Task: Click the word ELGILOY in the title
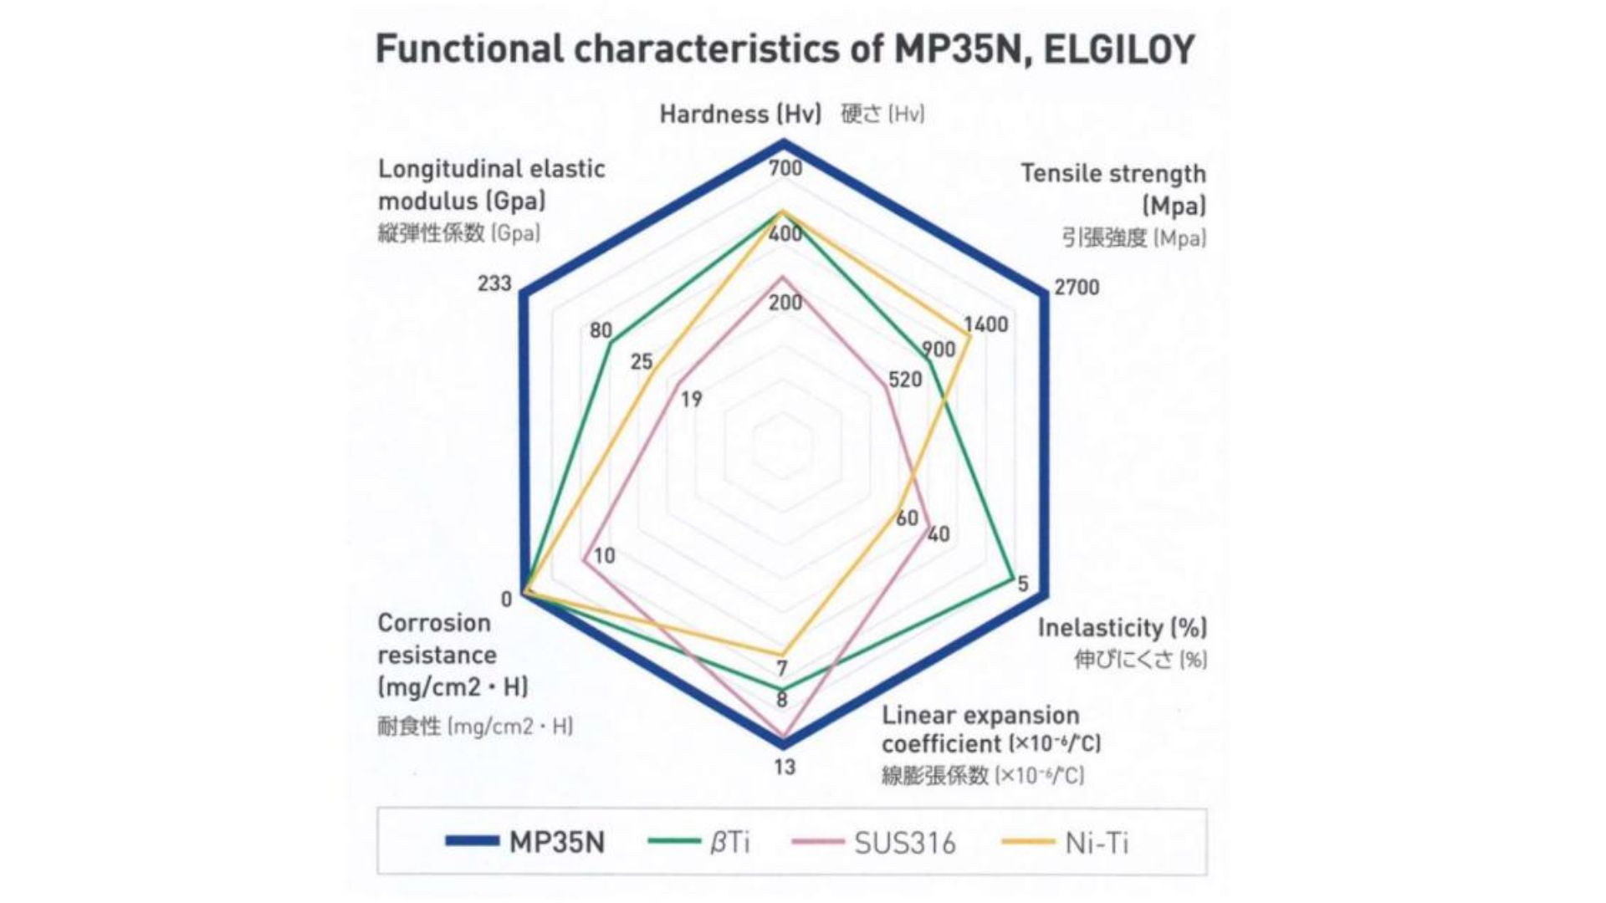click(x=1119, y=49)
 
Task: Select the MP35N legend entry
click(x=556, y=841)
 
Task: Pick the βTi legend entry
click(x=729, y=842)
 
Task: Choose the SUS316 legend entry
click(x=904, y=843)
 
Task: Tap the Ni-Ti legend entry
click(x=1096, y=843)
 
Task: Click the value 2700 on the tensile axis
click(x=1077, y=288)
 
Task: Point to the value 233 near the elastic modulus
click(x=494, y=283)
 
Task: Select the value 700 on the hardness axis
click(x=785, y=168)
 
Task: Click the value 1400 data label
click(x=985, y=324)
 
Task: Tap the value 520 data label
click(x=905, y=380)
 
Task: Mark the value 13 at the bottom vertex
click(x=785, y=767)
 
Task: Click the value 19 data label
click(x=691, y=400)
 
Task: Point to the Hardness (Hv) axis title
click(x=740, y=114)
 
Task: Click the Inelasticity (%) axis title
click(x=1122, y=628)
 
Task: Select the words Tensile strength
click(x=1112, y=174)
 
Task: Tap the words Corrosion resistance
click(x=436, y=639)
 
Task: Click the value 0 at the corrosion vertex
click(x=506, y=599)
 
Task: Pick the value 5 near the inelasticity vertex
click(x=1022, y=584)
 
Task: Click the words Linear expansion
click(x=980, y=716)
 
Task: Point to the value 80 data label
click(x=601, y=330)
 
